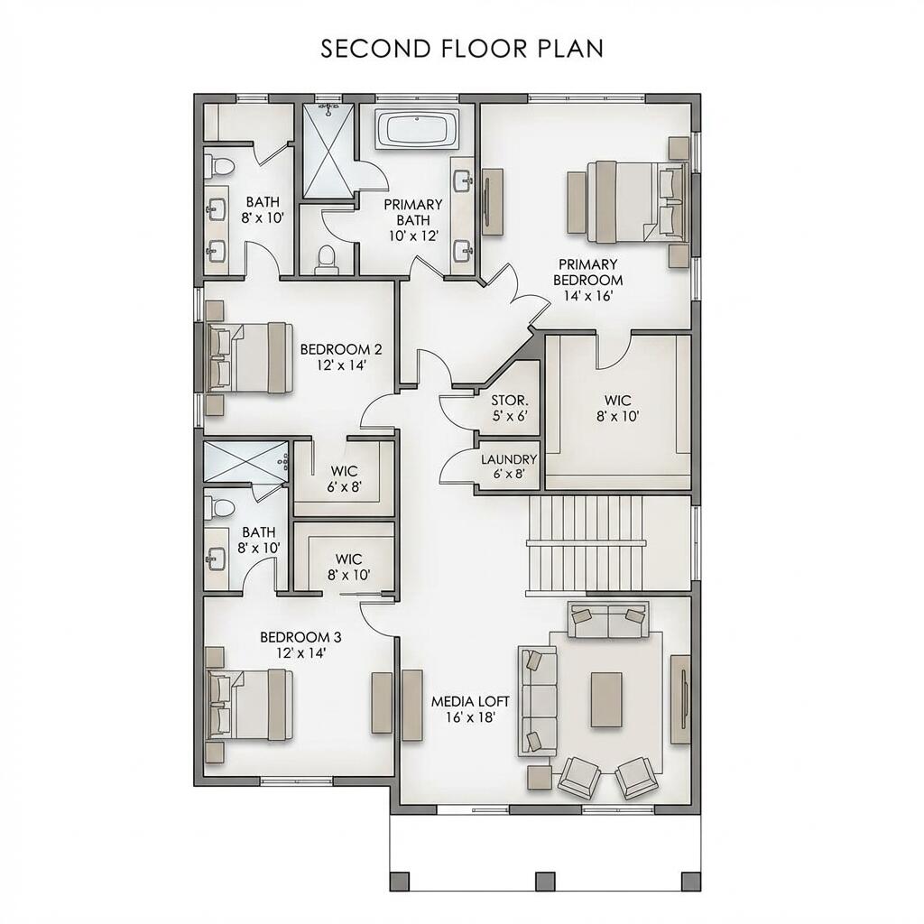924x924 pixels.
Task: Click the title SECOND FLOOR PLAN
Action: pos(462,49)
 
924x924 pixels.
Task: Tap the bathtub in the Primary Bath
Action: pos(417,130)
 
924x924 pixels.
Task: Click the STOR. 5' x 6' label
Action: pos(508,409)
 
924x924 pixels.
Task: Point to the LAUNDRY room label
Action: pos(509,467)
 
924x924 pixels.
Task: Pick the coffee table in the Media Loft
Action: pos(606,699)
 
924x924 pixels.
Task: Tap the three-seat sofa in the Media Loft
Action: pos(535,701)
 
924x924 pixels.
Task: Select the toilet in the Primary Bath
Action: pos(327,259)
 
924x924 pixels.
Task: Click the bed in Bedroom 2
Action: pos(247,357)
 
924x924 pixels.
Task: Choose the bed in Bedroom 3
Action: pos(248,705)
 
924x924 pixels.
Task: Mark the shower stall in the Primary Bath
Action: pos(328,152)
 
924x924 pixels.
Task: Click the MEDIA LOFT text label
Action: pos(470,709)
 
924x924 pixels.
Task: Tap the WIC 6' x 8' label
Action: pos(344,478)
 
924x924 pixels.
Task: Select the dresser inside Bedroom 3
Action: pos(382,702)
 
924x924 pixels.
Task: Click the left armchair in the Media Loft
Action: pos(578,777)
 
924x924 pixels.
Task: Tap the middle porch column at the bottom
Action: pos(544,881)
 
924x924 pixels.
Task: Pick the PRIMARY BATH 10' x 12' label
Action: pos(412,219)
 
